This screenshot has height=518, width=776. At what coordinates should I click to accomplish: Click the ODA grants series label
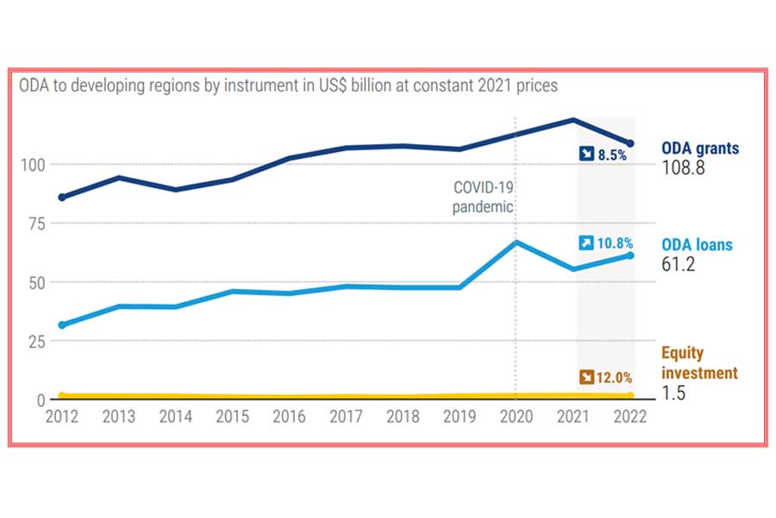pyautogui.click(x=699, y=148)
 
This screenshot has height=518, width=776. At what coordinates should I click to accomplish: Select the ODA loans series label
pyautogui.click(x=697, y=244)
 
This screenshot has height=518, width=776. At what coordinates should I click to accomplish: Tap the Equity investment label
pyautogui.click(x=699, y=363)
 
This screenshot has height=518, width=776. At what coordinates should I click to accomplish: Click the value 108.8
pyautogui.click(x=683, y=167)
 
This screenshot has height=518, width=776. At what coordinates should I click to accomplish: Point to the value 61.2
pyautogui.click(x=678, y=263)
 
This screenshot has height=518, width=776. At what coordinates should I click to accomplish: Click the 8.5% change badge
pyautogui.click(x=603, y=154)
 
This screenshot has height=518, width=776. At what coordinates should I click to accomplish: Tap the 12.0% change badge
pyautogui.click(x=607, y=377)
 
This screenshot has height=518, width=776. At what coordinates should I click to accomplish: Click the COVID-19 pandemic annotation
pyautogui.click(x=483, y=198)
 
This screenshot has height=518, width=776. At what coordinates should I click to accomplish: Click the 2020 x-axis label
pyautogui.click(x=516, y=417)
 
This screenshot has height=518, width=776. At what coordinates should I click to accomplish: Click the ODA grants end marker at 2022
pyautogui.click(x=630, y=143)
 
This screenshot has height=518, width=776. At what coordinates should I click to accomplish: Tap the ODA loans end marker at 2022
pyautogui.click(x=630, y=255)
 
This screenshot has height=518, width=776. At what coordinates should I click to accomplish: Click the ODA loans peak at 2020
pyautogui.click(x=516, y=243)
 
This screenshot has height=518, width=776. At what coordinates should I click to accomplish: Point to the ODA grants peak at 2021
pyautogui.click(x=573, y=119)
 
